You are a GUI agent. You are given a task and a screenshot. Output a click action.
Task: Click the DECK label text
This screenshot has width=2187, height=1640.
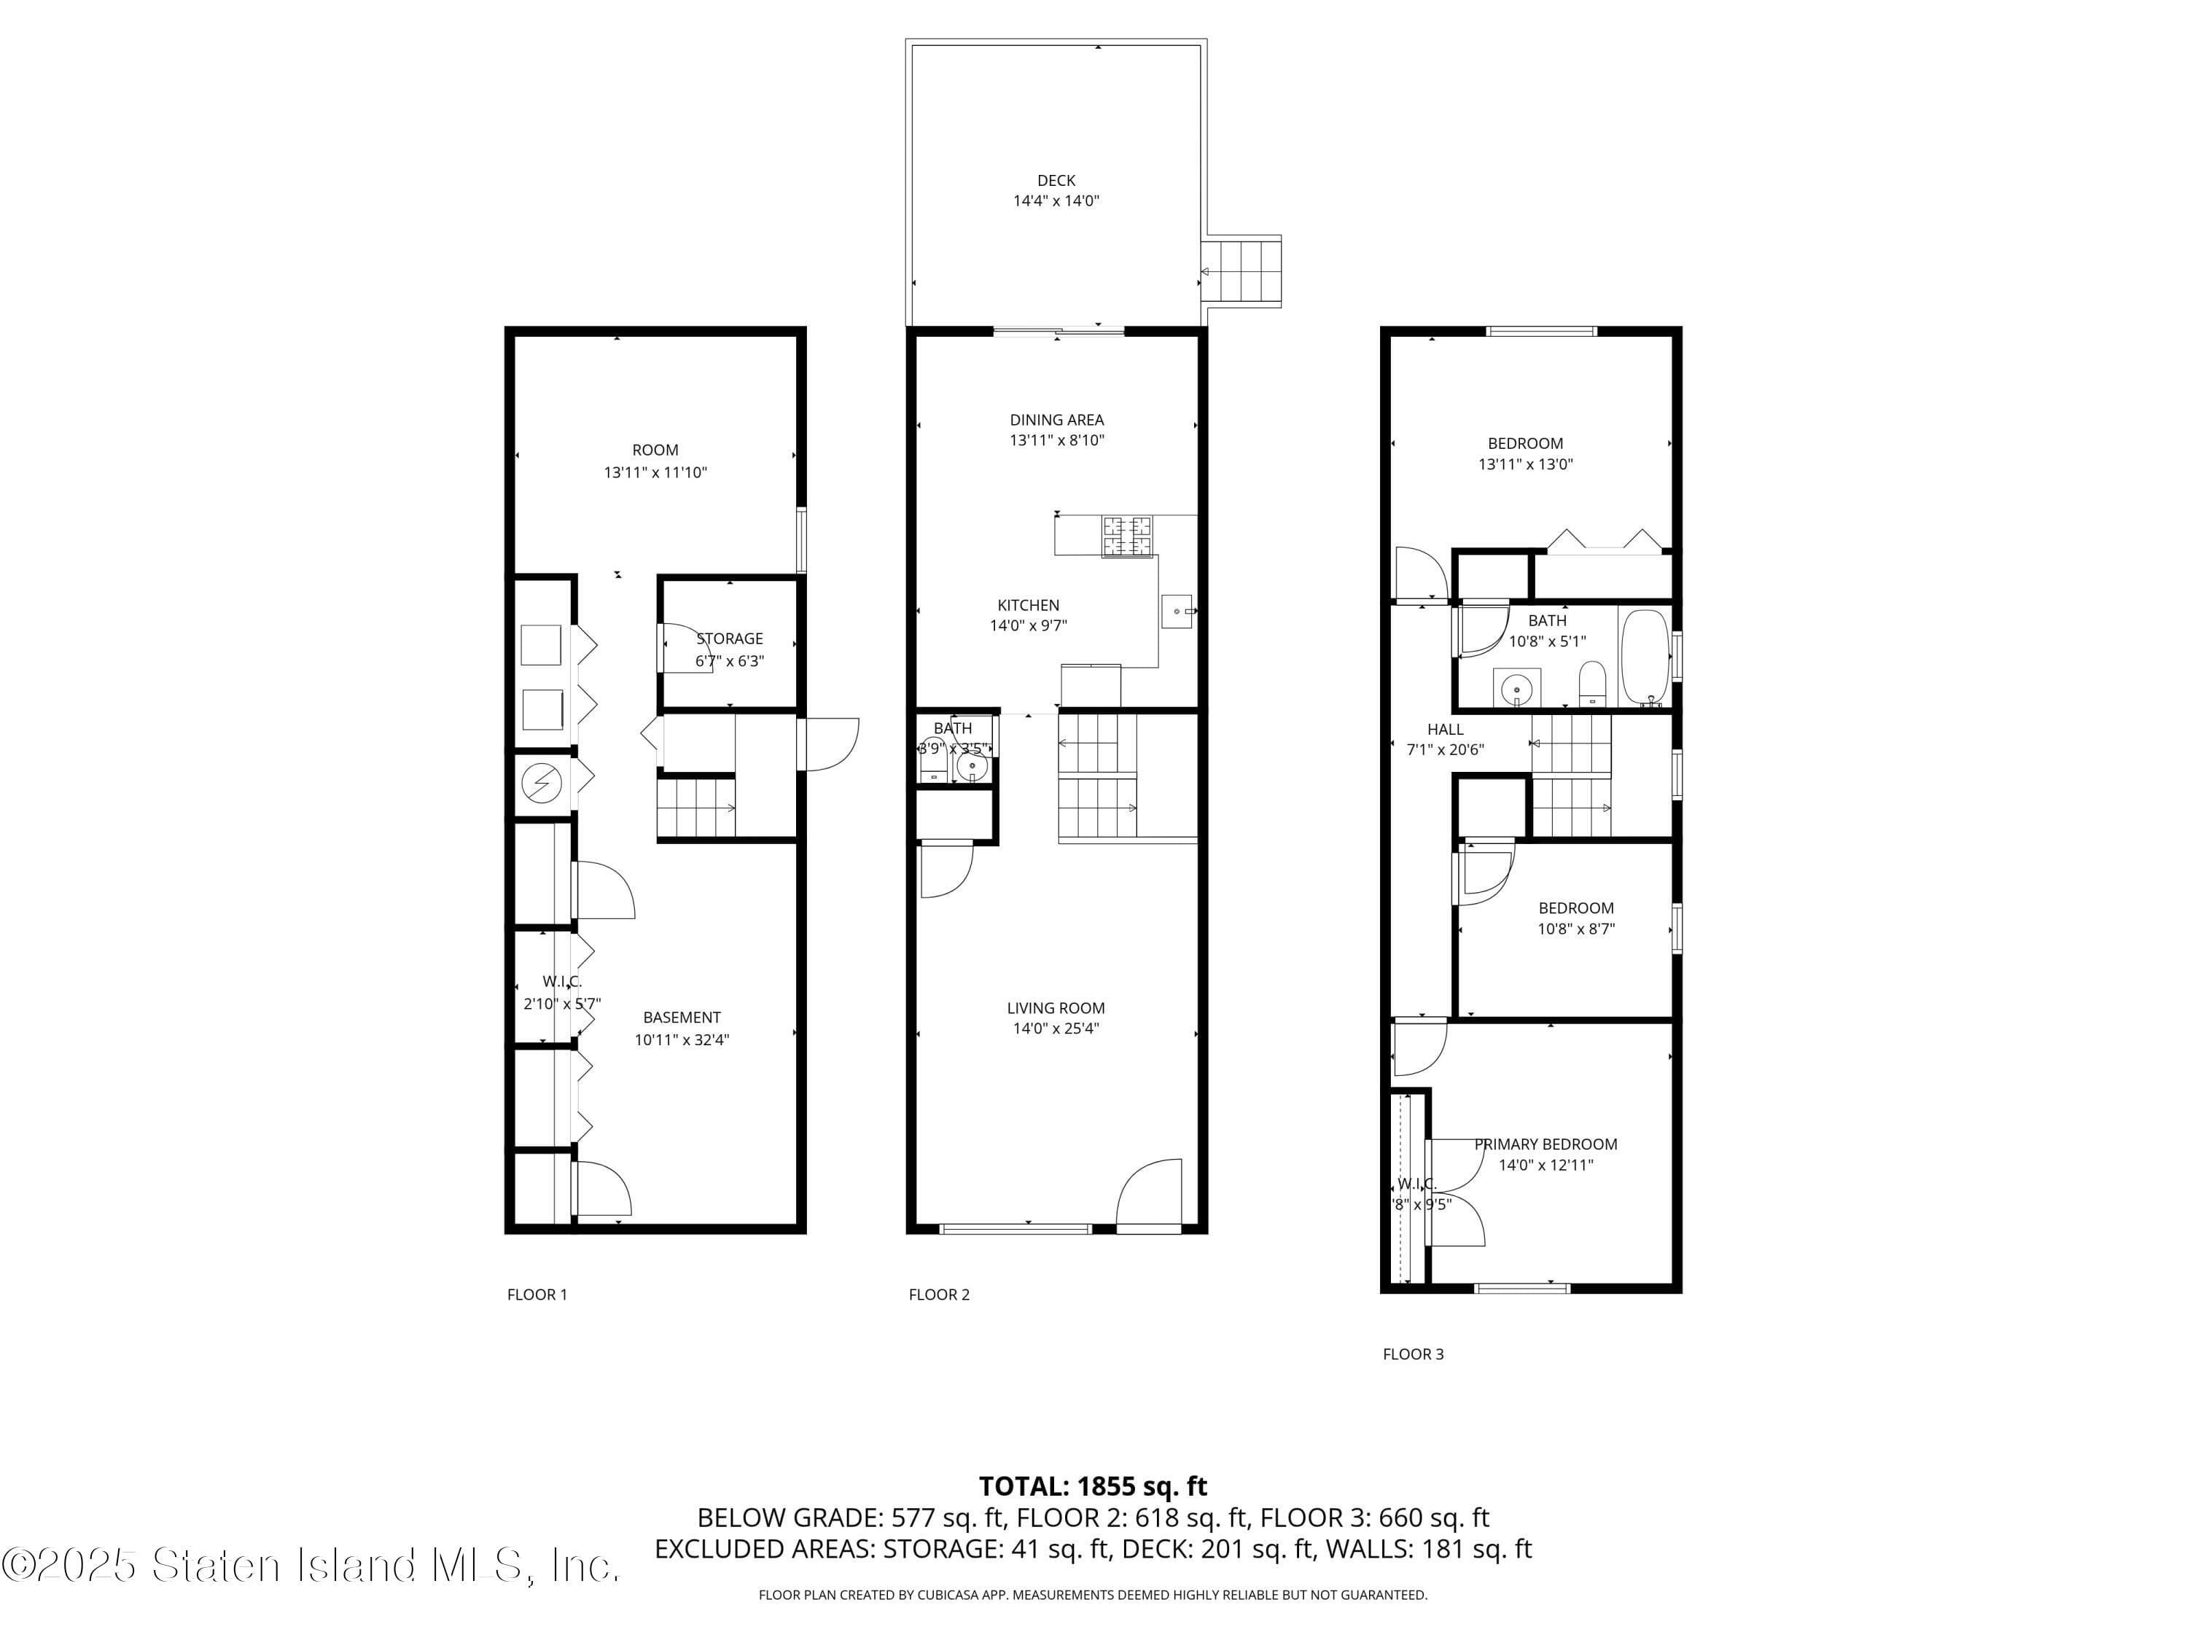[1055, 180]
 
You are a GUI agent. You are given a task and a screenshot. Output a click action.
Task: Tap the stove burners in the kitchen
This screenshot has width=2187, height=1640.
[1126, 536]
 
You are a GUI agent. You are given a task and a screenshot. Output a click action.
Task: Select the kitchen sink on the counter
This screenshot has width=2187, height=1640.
[1176, 611]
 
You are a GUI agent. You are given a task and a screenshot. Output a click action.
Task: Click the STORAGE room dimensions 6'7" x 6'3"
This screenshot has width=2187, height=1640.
[729, 661]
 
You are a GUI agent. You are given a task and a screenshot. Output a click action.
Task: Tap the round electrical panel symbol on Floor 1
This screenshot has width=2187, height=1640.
[541, 784]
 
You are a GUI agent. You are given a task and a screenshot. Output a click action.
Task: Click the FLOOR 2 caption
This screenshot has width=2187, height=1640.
[938, 1295]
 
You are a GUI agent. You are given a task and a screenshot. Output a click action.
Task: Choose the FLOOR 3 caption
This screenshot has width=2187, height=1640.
[1412, 1354]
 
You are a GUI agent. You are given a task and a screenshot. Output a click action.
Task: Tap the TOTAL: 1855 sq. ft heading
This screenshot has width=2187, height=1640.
[1093, 1485]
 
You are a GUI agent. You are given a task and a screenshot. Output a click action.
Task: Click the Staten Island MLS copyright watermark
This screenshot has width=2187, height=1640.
[311, 1565]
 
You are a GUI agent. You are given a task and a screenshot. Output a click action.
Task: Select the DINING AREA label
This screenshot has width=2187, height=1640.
[1056, 420]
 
